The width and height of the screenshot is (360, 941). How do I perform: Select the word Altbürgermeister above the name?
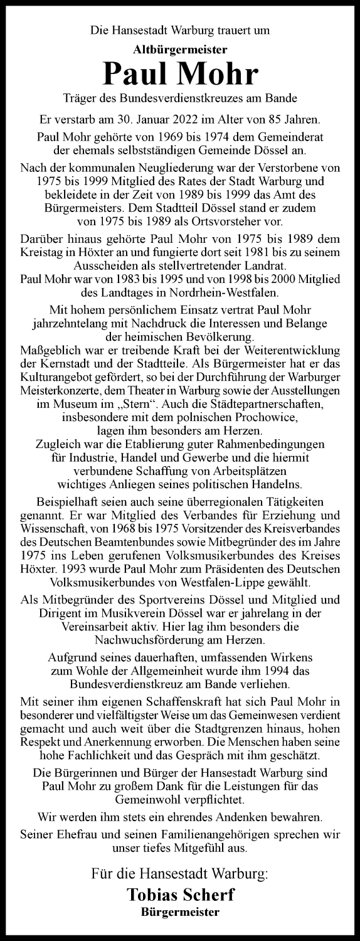[180, 47]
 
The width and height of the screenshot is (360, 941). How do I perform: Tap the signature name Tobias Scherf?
[180, 894]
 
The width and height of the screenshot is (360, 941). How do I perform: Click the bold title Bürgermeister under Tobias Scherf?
[180, 912]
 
